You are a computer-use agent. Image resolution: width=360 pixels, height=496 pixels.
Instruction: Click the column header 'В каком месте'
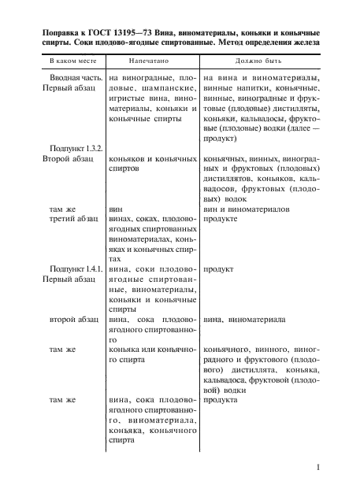pyautogui.click(x=69, y=60)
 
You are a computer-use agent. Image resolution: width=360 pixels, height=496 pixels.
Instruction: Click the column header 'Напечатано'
pyautogui.click(x=152, y=60)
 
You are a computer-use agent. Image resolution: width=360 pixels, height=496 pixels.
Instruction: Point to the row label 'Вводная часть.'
pyautogui.click(x=76, y=78)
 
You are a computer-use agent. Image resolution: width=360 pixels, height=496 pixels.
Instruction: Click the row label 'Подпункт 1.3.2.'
pyautogui.click(x=76, y=148)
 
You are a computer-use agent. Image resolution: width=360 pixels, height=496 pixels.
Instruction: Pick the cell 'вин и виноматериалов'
pyautogui.click(x=247, y=209)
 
